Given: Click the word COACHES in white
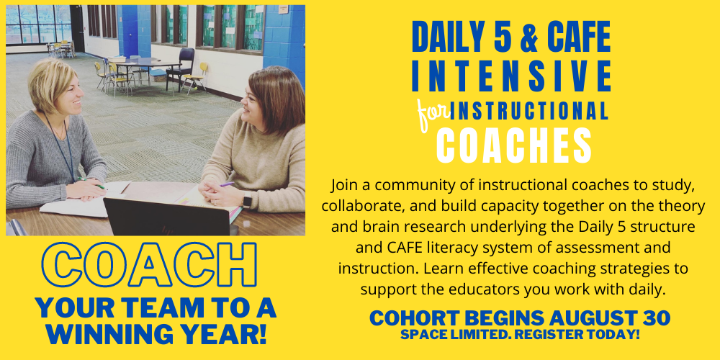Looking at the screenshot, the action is (513, 145).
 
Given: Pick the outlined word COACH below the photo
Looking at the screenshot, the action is (149, 265).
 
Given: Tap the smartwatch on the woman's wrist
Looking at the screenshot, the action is (247, 201).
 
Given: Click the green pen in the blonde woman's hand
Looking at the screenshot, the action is (92, 183).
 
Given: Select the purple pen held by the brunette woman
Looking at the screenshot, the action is (227, 184).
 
